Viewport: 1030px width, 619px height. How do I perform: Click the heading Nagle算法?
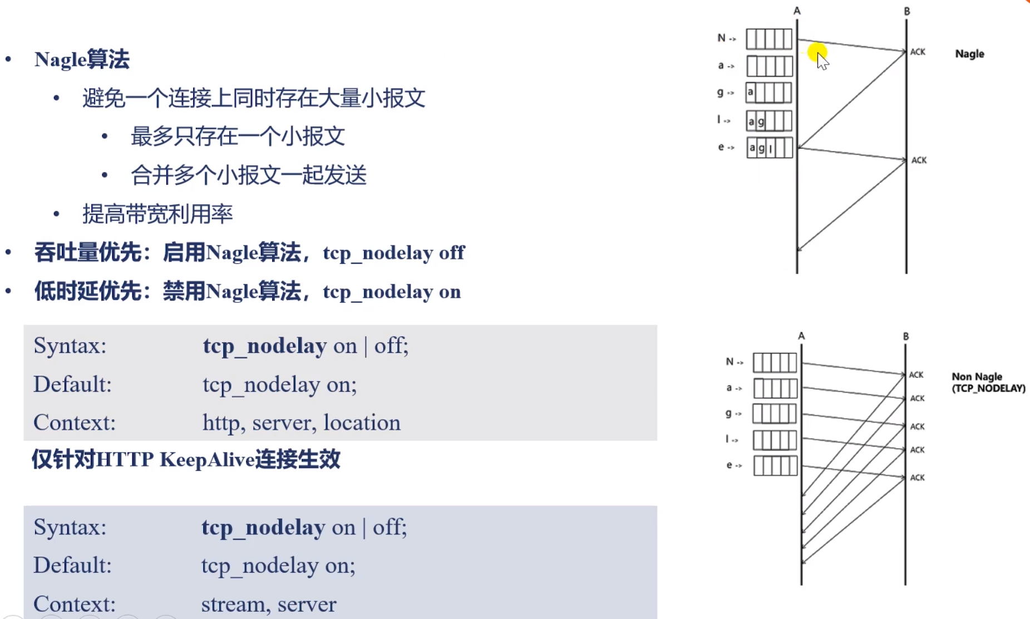click(82, 60)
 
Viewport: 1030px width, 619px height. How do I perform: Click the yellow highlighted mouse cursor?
click(819, 55)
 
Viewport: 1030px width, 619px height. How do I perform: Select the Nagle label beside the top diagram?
click(969, 54)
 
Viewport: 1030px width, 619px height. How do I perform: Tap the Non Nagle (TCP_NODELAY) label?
click(988, 382)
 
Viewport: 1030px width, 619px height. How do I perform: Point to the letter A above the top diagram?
click(797, 11)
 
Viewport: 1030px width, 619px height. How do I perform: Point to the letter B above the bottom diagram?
click(906, 336)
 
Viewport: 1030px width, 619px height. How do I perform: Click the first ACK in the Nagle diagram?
click(918, 52)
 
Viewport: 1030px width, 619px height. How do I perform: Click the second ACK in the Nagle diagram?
click(919, 160)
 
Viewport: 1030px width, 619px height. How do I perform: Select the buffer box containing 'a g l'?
click(769, 148)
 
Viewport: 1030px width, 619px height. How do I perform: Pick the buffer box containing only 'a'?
click(769, 92)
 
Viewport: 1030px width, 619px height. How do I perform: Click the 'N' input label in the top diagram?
click(722, 38)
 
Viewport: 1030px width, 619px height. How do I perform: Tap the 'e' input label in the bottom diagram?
click(730, 465)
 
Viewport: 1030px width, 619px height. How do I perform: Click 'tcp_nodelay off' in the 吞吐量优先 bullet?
click(393, 253)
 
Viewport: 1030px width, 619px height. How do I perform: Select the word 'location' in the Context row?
click(362, 423)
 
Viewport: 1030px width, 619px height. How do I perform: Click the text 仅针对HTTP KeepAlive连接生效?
click(186, 460)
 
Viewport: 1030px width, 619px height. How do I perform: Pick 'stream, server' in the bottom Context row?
click(269, 604)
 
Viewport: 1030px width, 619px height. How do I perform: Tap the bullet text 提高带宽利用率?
click(157, 214)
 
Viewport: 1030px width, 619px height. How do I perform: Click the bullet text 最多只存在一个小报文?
click(238, 136)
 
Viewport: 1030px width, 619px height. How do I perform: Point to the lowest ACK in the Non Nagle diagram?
click(917, 478)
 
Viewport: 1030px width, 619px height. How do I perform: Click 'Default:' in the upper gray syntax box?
click(72, 384)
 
